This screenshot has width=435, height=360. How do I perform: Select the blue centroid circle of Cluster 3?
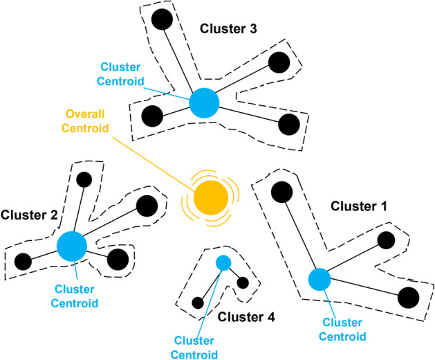[204, 103]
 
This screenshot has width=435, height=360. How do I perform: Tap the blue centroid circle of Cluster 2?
[72, 246]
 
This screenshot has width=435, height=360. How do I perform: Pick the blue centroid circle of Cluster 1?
[319, 280]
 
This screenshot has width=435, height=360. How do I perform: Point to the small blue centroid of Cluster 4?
[223, 262]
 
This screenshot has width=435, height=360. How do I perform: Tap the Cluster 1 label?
[360, 206]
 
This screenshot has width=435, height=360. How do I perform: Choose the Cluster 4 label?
[246, 317]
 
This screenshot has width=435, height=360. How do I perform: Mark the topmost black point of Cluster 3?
[163, 19]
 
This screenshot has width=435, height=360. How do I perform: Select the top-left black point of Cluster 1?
[280, 192]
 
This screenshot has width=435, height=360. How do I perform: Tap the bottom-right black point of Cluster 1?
[408, 298]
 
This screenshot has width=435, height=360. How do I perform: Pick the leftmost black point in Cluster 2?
[23, 261]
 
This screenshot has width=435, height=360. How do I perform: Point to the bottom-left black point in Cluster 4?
[198, 303]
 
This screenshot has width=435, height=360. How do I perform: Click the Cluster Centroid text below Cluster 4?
[196, 347]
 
